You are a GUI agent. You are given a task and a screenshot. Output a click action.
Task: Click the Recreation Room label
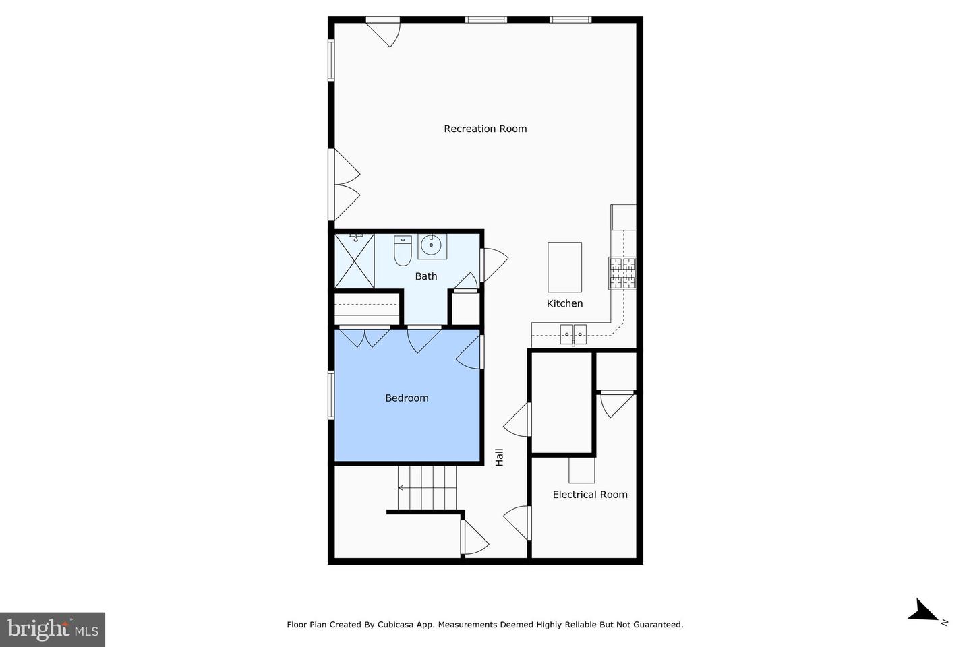pyautogui.click(x=485, y=129)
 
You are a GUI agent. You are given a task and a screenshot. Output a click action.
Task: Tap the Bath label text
pyautogui.click(x=426, y=276)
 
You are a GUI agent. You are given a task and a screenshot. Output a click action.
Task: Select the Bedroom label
pyautogui.click(x=407, y=398)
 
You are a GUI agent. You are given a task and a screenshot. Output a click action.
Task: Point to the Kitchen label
pyautogui.click(x=564, y=303)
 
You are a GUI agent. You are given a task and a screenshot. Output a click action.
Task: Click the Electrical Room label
pyautogui.click(x=590, y=495)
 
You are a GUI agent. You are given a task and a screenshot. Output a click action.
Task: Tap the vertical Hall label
pyautogui.click(x=500, y=457)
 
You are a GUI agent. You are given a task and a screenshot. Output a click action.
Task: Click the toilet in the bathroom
pyautogui.click(x=403, y=251)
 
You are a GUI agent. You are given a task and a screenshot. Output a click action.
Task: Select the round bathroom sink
pyautogui.click(x=432, y=246)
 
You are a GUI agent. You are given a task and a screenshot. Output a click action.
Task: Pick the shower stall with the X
pyautogui.click(x=355, y=261)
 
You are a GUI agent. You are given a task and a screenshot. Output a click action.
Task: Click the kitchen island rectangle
pyautogui.click(x=564, y=267)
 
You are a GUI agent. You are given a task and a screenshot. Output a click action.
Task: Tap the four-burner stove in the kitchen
pyautogui.click(x=622, y=273)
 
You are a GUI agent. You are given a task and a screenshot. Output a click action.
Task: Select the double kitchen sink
pyautogui.click(x=573, y=334)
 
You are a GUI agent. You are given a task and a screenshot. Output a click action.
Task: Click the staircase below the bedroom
pyautogui.click(x=427, y=487)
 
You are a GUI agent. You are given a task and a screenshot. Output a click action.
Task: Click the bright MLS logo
pyautogui.click(x=53, y=629)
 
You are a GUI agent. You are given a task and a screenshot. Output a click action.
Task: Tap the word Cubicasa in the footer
pyautogui.click(x=395, y=625)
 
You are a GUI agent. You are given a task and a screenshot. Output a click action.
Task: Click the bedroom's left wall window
pyautogui.click(x=331, y=395)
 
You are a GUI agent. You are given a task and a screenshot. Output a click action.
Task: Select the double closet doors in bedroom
pyautogui.click(x=364, y=338)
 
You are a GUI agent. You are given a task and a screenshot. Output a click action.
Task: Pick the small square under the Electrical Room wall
pyautogui.click(x=581, y=470)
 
